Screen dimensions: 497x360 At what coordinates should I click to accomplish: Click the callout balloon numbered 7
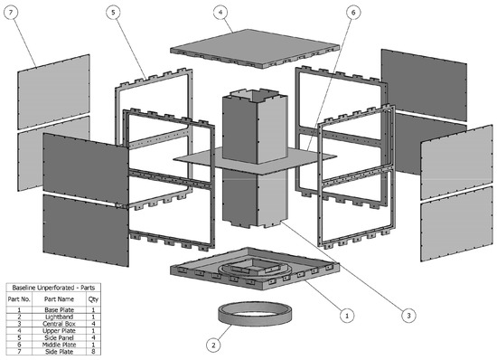click(x=11, y=13)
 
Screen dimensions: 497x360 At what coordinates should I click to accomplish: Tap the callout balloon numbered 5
click(x=113, y=13)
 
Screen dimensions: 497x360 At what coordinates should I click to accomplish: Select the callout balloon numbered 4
click(x=220, y=13)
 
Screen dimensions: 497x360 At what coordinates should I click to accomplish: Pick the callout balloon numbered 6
click(x=353, y=13)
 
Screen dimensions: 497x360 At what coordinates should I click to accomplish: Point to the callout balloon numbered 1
click(x=347, y=316)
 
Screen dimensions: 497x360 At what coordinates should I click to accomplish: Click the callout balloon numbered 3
click(x=408, y=316)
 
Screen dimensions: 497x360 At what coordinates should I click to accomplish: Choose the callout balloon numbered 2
click(x=213, y=346)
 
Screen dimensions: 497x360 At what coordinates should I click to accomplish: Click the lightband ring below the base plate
click(x=255, y=318)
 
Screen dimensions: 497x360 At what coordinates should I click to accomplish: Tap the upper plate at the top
click(x=255, y=49)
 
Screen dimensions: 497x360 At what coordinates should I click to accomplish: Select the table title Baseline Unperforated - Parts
click(x=53, y=288)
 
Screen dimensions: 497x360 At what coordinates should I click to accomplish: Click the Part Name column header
click(x=59, y=299)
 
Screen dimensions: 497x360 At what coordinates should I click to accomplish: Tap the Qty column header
click(x=93, y=299)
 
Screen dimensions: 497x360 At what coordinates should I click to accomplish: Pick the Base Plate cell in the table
click(x=59, y=310)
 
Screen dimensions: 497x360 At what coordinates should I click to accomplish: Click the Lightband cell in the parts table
click(x=59, y=317)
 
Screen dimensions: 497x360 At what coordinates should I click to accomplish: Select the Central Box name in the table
click(x=59, y=324)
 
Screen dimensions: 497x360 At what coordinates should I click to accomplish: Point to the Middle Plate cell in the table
click(x=59, y=345)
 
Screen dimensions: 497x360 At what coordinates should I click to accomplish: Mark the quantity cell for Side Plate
click(x=93, y=352)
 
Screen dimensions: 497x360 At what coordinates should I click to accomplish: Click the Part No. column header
click(x=19, y=299)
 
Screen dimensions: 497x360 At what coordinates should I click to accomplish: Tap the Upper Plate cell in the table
click(x=59, y=331)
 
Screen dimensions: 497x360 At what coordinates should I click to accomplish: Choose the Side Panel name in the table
click(x=59, y=337)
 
